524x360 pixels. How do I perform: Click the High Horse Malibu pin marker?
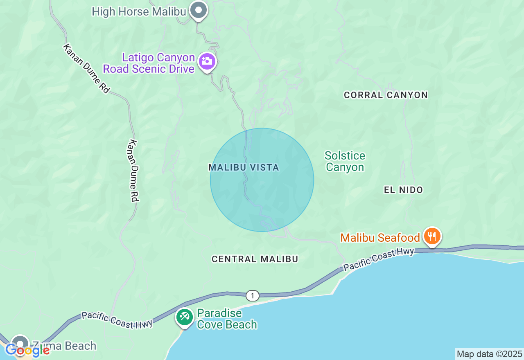point(199,10)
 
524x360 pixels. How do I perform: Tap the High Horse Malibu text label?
point(139,11)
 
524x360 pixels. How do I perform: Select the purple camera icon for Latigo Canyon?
point(207,62)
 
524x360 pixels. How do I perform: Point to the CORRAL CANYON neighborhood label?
point(386,95)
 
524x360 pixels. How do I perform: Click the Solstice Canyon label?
point(345,161)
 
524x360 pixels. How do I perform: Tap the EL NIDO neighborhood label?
point(403,190)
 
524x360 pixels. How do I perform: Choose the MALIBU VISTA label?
point(244,167)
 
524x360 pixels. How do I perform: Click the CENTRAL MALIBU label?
point(255,259)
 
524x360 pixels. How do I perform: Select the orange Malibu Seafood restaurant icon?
point(432,236)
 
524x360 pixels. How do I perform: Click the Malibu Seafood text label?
point(380,238)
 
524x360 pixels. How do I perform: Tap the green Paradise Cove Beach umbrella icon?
point(185,317)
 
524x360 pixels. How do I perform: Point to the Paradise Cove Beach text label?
point(227,319)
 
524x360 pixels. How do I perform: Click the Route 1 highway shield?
point(253,295)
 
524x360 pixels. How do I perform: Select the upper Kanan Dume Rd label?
point(86,69)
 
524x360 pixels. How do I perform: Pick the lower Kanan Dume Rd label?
point(133,171)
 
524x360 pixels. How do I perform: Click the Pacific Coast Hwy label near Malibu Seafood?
point(379,260)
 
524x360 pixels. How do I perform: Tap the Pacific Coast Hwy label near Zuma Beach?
point(117,320)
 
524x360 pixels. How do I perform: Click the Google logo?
point(28,350)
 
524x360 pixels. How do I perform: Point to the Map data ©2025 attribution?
point(489,354)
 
